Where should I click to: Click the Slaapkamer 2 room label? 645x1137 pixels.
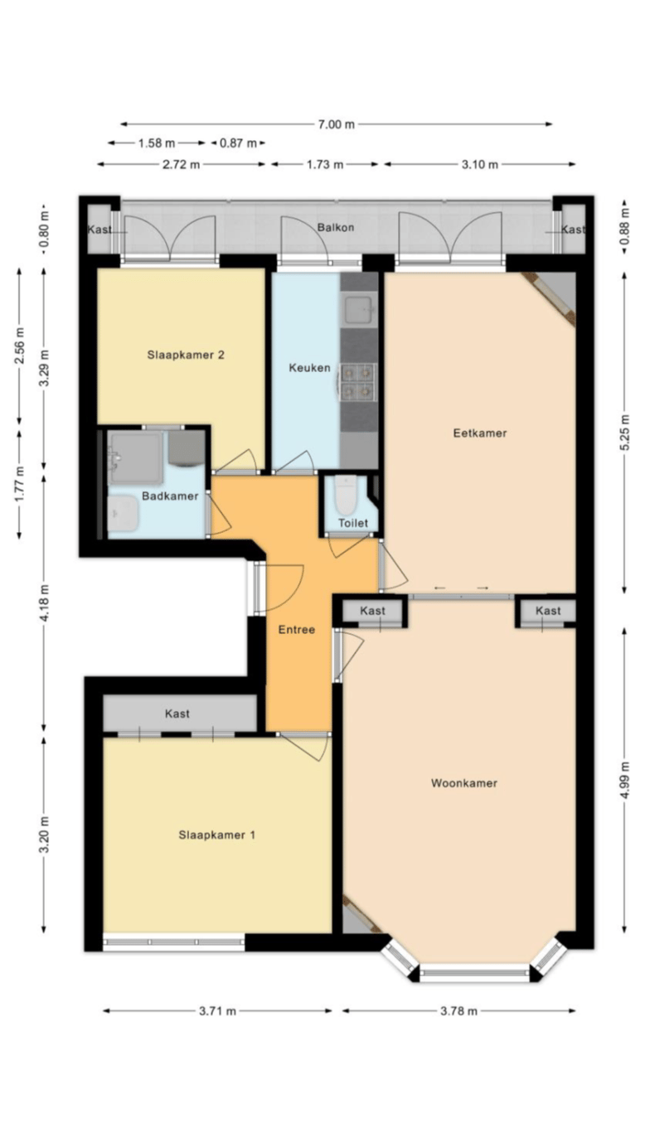(x=186, y=355)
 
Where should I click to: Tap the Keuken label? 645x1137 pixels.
(x=309, y=367)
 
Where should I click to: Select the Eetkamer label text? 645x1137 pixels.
(x=480, y=433)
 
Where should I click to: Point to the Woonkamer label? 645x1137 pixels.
(x=463, y=782)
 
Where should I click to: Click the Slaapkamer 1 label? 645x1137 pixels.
(x=217, y=835)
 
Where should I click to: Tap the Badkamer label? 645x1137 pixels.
(x=170, y=496)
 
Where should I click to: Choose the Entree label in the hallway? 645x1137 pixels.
(x=297, y=630)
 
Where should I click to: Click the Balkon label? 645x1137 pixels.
(x=335, y=227)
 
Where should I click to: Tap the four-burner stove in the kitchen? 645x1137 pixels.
(x=358, y=382)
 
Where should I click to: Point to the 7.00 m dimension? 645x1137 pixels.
(x=337, y=124)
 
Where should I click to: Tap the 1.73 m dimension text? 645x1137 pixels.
(x=324, y=164)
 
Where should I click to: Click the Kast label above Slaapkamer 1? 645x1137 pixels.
(x=177, y=714)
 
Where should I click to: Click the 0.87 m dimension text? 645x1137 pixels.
(x=238, y=143)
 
